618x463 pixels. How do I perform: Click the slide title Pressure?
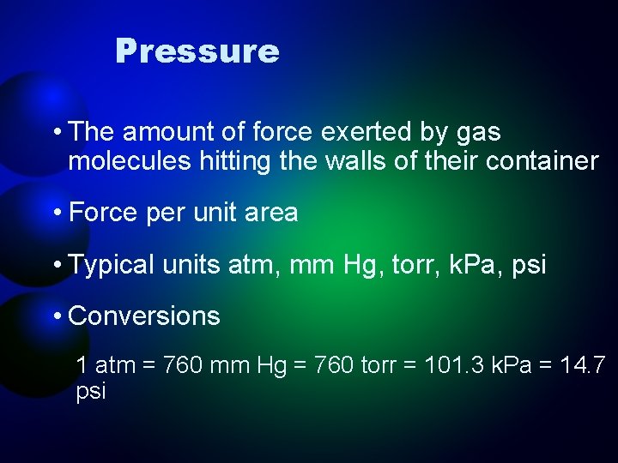[197, 51]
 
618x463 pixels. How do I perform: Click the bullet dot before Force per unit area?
[56, 213]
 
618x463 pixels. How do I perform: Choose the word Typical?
[112, 264]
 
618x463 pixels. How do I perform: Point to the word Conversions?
[144, 316]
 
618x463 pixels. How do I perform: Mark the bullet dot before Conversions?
[56, 316]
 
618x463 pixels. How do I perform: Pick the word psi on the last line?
[91, 393]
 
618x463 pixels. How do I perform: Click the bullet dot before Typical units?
[56, 264]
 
